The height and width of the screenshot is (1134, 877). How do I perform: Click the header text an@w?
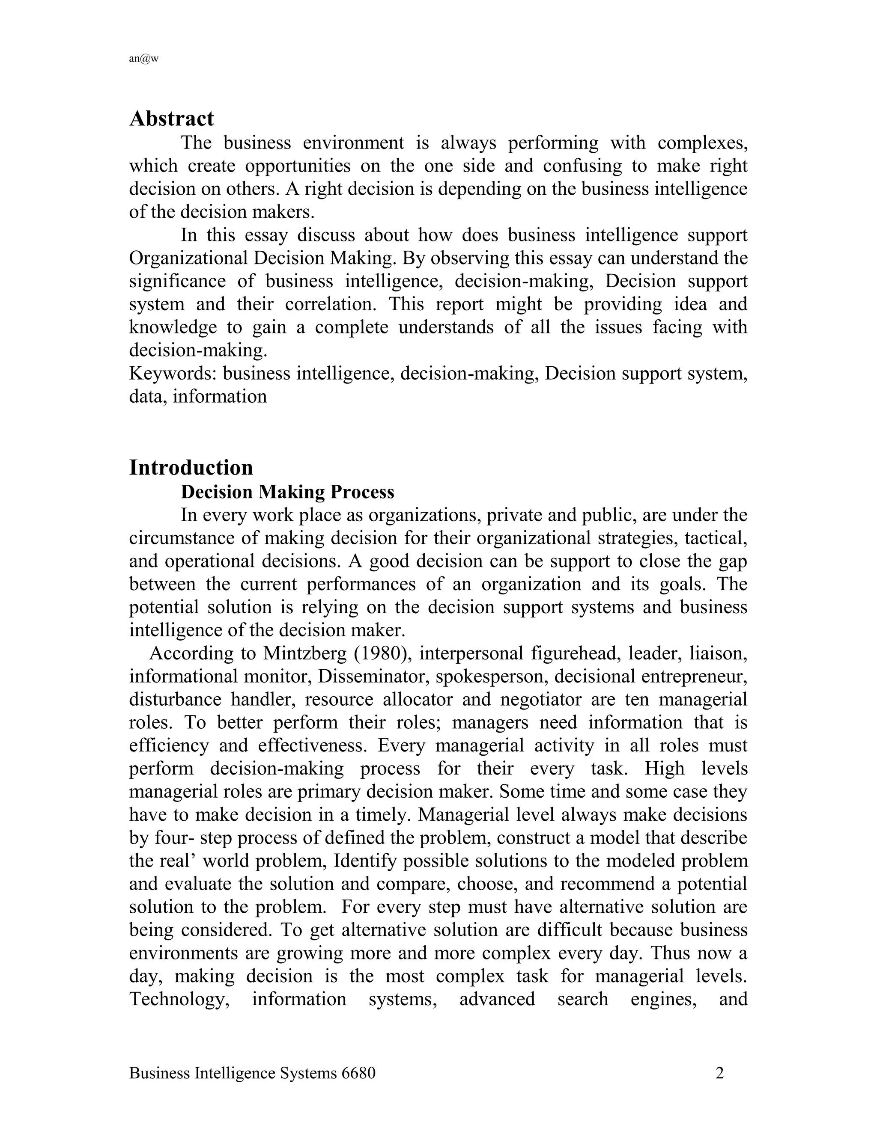tap(143, 59)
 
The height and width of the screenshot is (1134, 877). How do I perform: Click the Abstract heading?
tap(171, 119)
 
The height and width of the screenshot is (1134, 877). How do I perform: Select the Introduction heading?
tap(191, 467)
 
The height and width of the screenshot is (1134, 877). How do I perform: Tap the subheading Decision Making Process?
tap(287, 491)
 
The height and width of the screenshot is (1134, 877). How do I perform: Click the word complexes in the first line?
tap(702, 142)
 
